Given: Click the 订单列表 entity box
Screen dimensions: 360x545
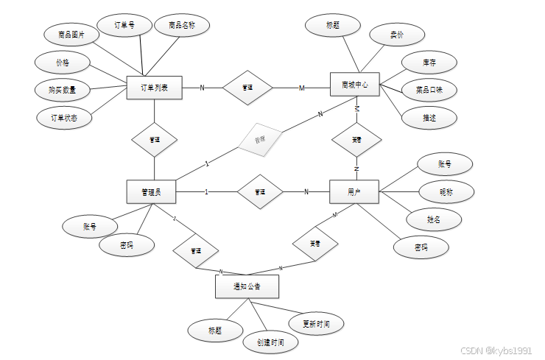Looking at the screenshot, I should point(154,88).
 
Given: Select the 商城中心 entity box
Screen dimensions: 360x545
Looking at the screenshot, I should point(355,85).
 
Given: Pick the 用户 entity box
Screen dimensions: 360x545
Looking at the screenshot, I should point(355,192).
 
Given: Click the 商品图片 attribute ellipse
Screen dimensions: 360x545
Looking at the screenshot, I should point(71,34).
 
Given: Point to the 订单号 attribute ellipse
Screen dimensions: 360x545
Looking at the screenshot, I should point(124,25).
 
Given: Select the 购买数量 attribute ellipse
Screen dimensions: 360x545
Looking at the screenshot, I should point(63,90).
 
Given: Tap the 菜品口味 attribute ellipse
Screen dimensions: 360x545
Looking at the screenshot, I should point(429,90).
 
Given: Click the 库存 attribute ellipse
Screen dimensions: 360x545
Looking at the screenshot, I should point(429,63).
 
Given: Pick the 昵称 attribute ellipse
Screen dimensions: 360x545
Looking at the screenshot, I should point(446,192).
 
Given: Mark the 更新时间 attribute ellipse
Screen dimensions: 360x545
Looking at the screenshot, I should point(315,323).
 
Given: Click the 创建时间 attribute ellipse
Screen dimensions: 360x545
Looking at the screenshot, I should point(270,342).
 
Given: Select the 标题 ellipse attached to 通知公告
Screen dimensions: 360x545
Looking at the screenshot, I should point(215,330).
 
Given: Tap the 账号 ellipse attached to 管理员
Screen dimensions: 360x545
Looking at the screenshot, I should point(90,227).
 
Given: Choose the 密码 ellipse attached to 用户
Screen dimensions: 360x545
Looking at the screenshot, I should point(421,248).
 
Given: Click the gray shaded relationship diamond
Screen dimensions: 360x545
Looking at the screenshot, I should point(259,139).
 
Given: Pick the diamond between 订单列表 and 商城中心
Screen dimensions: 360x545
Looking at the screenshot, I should point(247,88).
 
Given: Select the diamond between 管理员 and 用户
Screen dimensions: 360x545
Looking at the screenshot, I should point(259,192).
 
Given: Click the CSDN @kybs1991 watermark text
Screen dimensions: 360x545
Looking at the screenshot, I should point(496,351).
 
